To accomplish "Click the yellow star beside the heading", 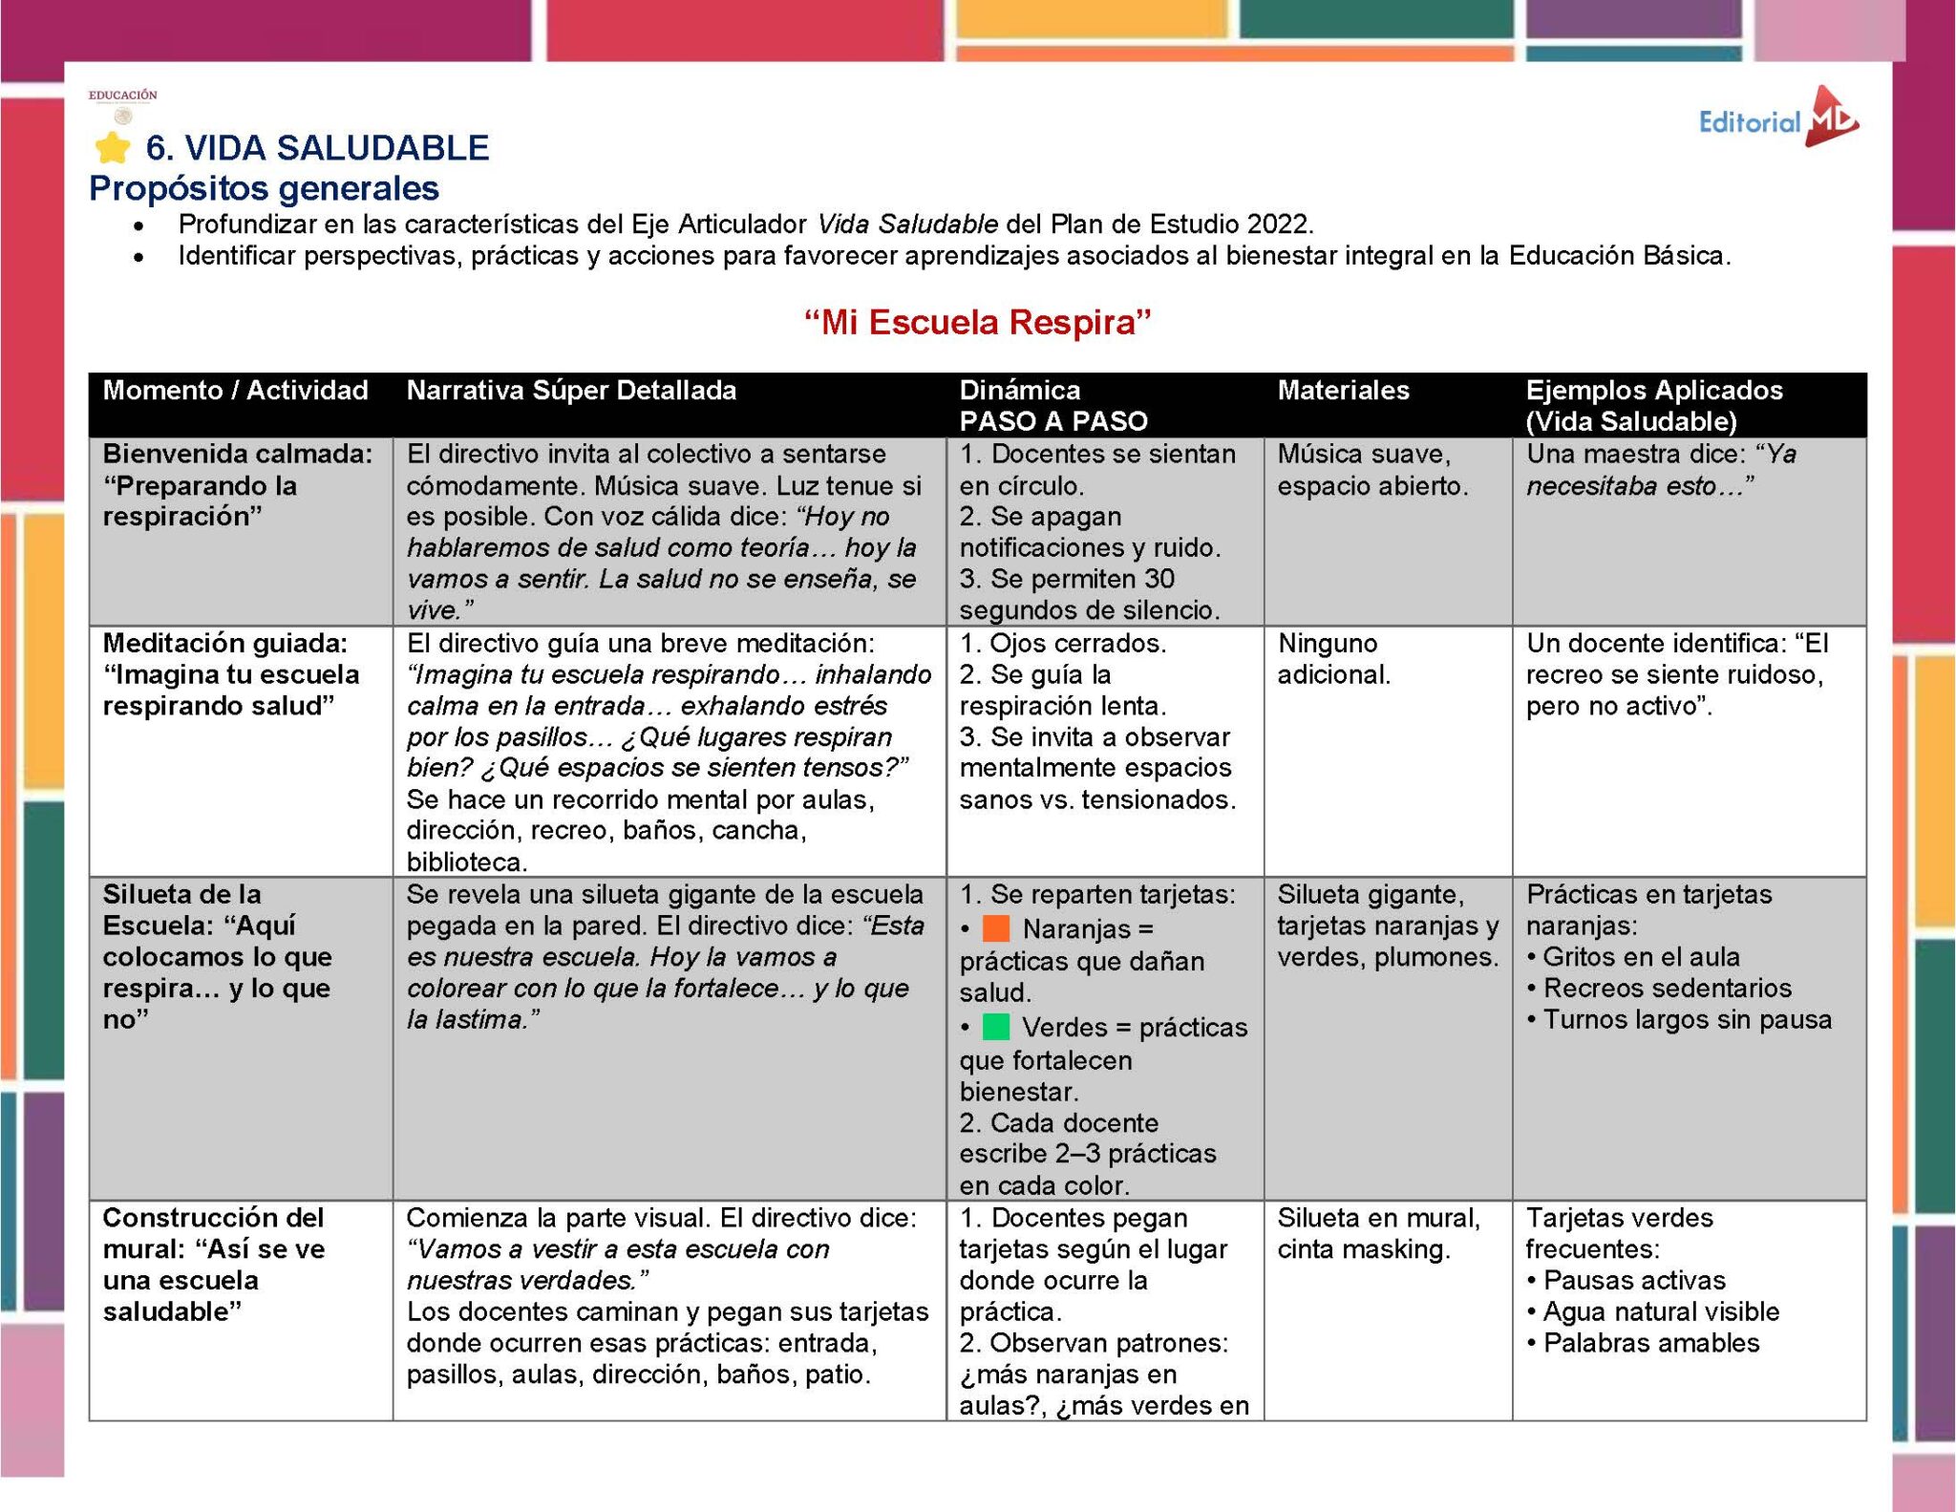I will (113, 148).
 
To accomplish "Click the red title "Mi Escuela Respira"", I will (977, 323).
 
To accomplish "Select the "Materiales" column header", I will (1343, 391).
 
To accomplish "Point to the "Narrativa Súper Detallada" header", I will (571, 391).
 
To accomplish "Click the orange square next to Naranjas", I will (996, 928).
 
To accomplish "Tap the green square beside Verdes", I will (996, 1027).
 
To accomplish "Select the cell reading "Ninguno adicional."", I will (1333, 659).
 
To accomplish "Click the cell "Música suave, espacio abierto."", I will (1371, 470).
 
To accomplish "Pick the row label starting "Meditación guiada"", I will (230, 674).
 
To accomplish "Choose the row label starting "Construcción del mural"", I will (214, 1264).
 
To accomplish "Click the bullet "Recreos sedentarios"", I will (1667, 989).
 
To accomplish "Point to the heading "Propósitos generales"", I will (264, 188).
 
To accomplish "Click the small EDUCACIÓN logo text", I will (123, 96).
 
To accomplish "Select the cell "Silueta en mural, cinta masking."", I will (1378, 1233).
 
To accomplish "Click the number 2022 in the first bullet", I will (1279, 224).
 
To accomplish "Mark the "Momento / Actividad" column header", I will (235, 391).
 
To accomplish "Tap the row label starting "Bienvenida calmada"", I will (237, 485).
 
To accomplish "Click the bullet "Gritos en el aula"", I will (1641, 957).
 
